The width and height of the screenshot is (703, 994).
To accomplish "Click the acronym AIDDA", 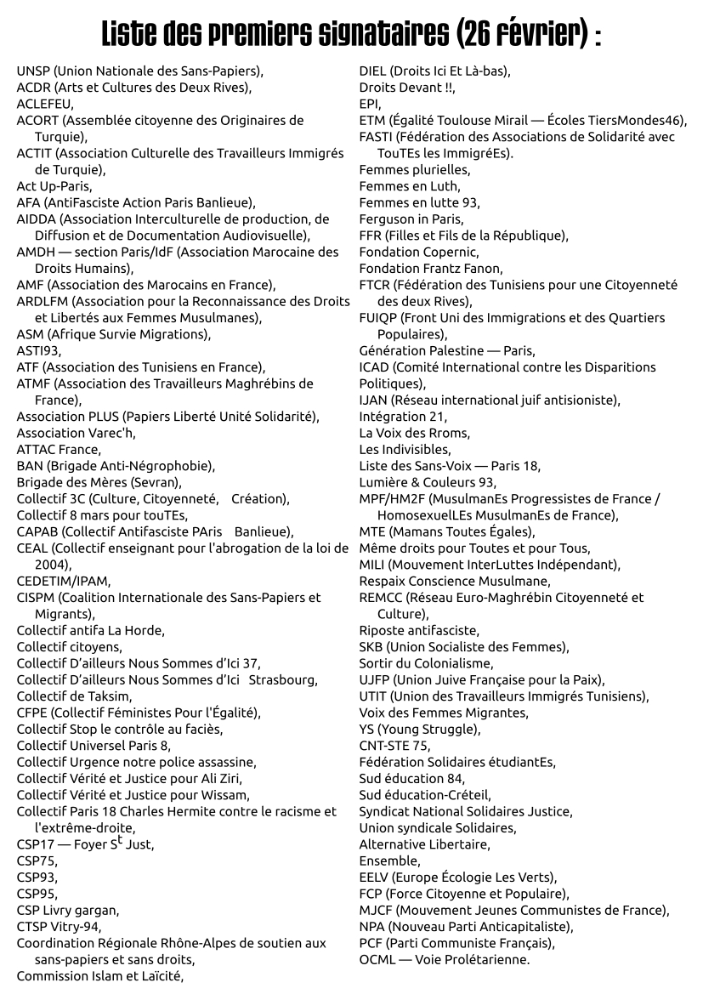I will (37, 219).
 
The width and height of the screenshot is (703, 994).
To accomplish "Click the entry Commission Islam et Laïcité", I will (99, 975).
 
